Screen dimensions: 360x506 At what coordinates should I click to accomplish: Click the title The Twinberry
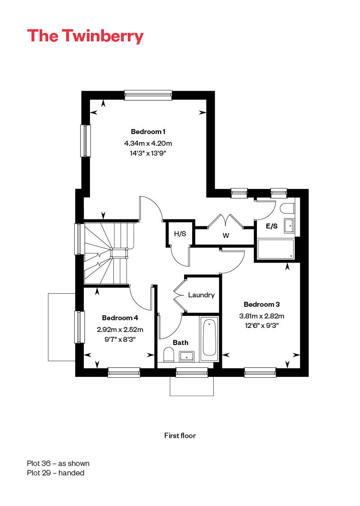[85, 36]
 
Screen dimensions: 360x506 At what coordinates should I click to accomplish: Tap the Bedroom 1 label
[148, 132]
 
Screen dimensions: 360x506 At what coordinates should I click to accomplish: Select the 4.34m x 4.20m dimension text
[148, 143]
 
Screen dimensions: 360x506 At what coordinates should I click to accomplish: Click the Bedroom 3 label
[261, 304]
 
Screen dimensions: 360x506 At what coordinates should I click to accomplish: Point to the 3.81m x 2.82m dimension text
[261, 316]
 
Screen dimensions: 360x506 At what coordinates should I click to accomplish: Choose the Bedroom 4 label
[120, 318]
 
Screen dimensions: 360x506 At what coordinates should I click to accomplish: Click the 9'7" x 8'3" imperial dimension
[120, 339]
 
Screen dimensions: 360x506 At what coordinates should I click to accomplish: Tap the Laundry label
[201, 295]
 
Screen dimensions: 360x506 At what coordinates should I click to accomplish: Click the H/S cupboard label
[180, 233]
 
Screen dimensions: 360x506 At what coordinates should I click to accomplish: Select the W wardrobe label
[226, 236]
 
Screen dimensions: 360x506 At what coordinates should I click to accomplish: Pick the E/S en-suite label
[271, 226]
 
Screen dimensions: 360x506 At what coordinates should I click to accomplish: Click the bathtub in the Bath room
[209, 338]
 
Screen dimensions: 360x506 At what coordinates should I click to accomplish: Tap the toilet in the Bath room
[169, 355]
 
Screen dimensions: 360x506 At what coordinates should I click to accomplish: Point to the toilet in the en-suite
[288, 208]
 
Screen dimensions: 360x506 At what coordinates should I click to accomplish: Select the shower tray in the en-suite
[276, 249]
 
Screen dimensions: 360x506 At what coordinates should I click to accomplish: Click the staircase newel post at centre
[119, 253]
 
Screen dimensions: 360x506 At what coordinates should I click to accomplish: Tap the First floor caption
[180, 436]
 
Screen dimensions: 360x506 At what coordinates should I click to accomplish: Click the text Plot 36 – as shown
[58, 463]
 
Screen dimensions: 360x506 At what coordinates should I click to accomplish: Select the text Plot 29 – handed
[55, 473]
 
